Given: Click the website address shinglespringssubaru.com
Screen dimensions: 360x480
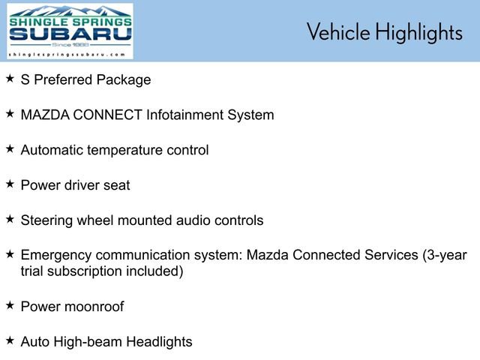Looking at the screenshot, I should (68, 55).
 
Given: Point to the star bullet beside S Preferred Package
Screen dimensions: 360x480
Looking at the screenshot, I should (10, 78).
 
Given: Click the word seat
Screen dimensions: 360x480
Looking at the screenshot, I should (116, 185).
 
